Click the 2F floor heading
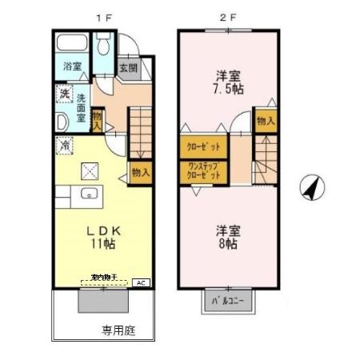[229, 14]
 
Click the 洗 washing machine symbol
[64, 94]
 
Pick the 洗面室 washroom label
[82, 109]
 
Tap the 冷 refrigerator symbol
[64, 146]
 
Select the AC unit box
[141, 282]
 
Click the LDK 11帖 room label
[102, 234]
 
